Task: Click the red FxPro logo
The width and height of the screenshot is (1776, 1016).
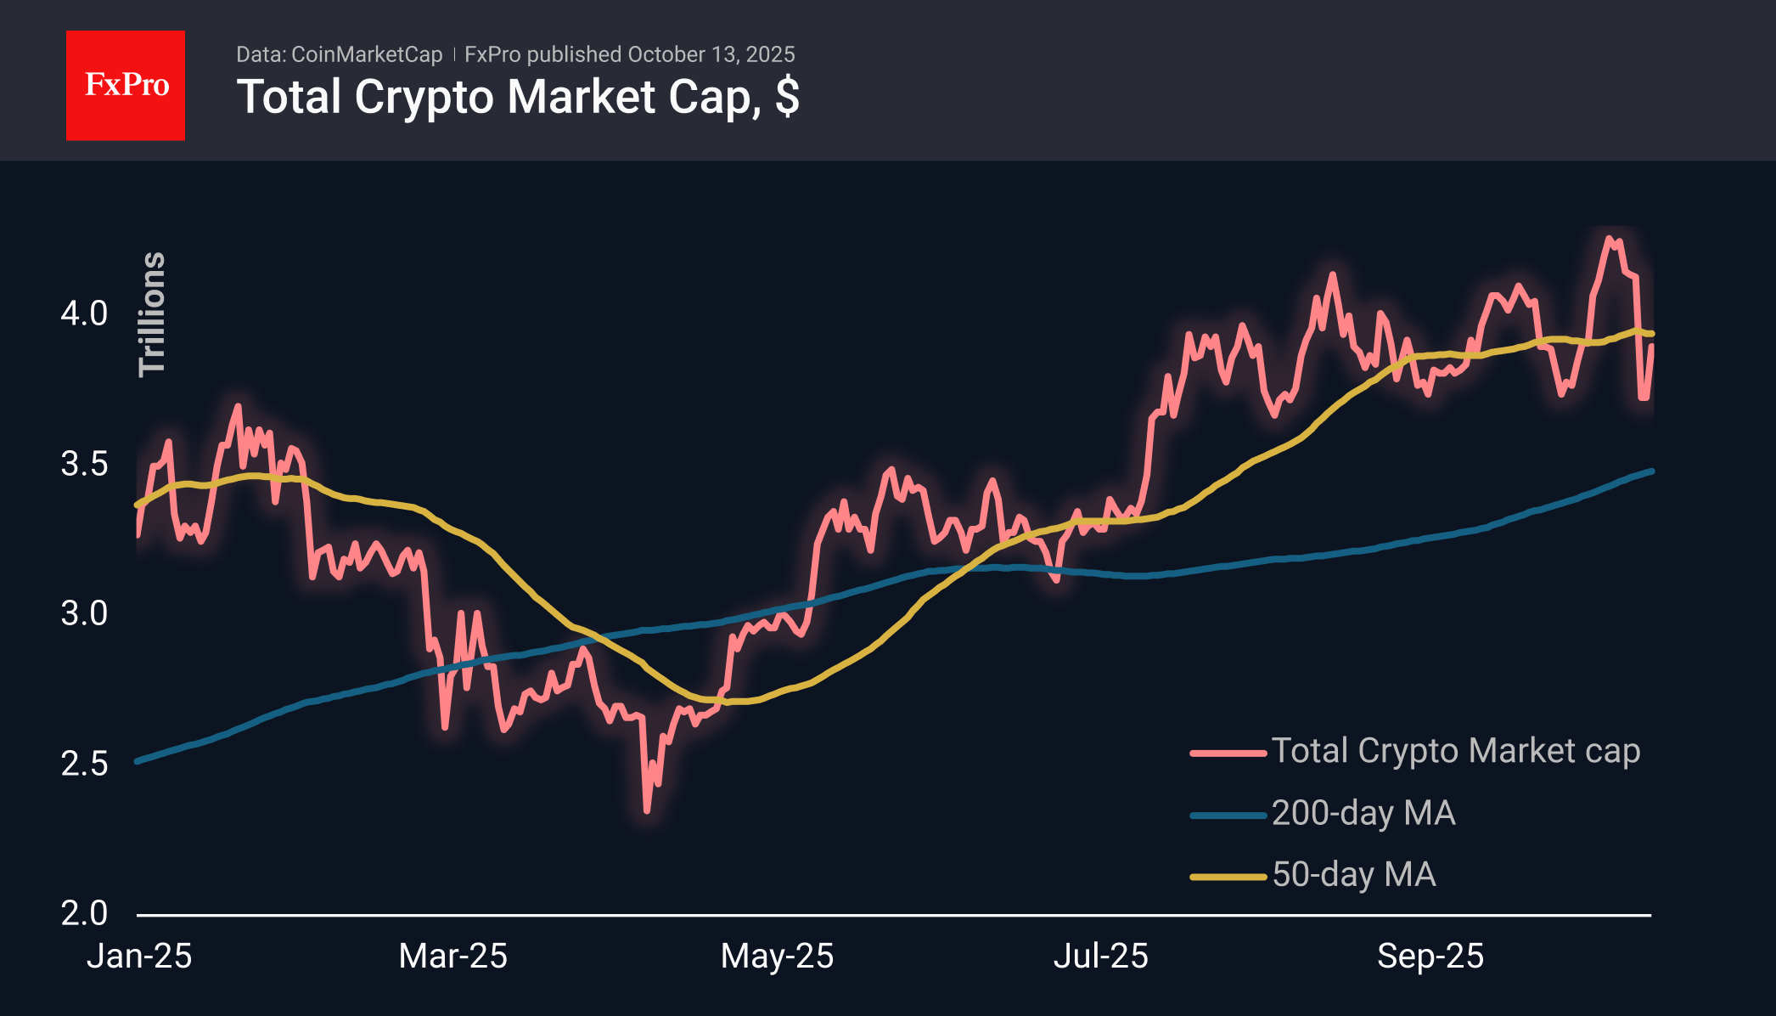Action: click(x=126, y=86)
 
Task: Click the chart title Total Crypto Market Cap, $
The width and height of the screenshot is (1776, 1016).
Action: click(x=518, y=97)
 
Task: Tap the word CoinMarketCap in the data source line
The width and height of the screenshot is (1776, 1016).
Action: click(x=367, y=54)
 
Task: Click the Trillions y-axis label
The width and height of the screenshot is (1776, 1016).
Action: click(x=152, y=313)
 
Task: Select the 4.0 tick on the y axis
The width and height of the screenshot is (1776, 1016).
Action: click(x=84, y=313)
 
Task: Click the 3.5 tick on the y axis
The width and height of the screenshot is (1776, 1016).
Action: click(x=84, y=464)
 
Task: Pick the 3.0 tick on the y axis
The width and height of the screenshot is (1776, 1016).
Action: click(x=84, y=613)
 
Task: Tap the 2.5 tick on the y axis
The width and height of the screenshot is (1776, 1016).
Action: click(x=84, y=764)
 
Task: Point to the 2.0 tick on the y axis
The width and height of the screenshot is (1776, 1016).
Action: click(x=84, y=913)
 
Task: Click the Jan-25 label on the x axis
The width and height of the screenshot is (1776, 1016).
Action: click(x=139, y=957)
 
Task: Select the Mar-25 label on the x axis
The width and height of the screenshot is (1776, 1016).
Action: click(x=452, y=957)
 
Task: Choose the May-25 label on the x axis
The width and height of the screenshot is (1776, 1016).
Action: click(x=777, y=957)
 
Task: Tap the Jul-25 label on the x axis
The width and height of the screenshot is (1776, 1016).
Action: click(x=1100, y=957)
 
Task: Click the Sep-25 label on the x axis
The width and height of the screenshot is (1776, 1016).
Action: click(x=1430, y=957)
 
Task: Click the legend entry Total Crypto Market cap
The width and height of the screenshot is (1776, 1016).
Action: click(x=1455, y=751)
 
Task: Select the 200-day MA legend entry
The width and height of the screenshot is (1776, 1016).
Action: click(x=1363, y=814)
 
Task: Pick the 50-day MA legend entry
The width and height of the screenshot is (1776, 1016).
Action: click(x=1353, y=875)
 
